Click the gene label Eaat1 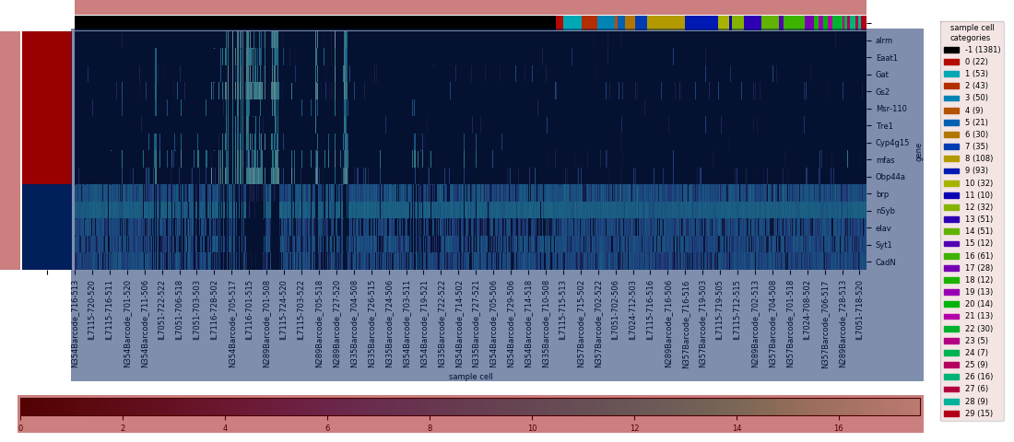[886, 58]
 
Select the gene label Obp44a [890, 177]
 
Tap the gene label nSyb [885, 211]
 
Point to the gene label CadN [885, 262]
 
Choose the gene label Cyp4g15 [891, 143]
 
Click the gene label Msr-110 [890, 109]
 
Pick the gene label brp [882, 194]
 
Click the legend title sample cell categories [972, 33]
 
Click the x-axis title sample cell [470, 377]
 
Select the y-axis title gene [918, 152]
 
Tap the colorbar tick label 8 [430, 428]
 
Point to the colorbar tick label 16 [838, 428]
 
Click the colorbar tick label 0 [20, 428]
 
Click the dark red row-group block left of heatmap [46, 107]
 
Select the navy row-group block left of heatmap [46, 227]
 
